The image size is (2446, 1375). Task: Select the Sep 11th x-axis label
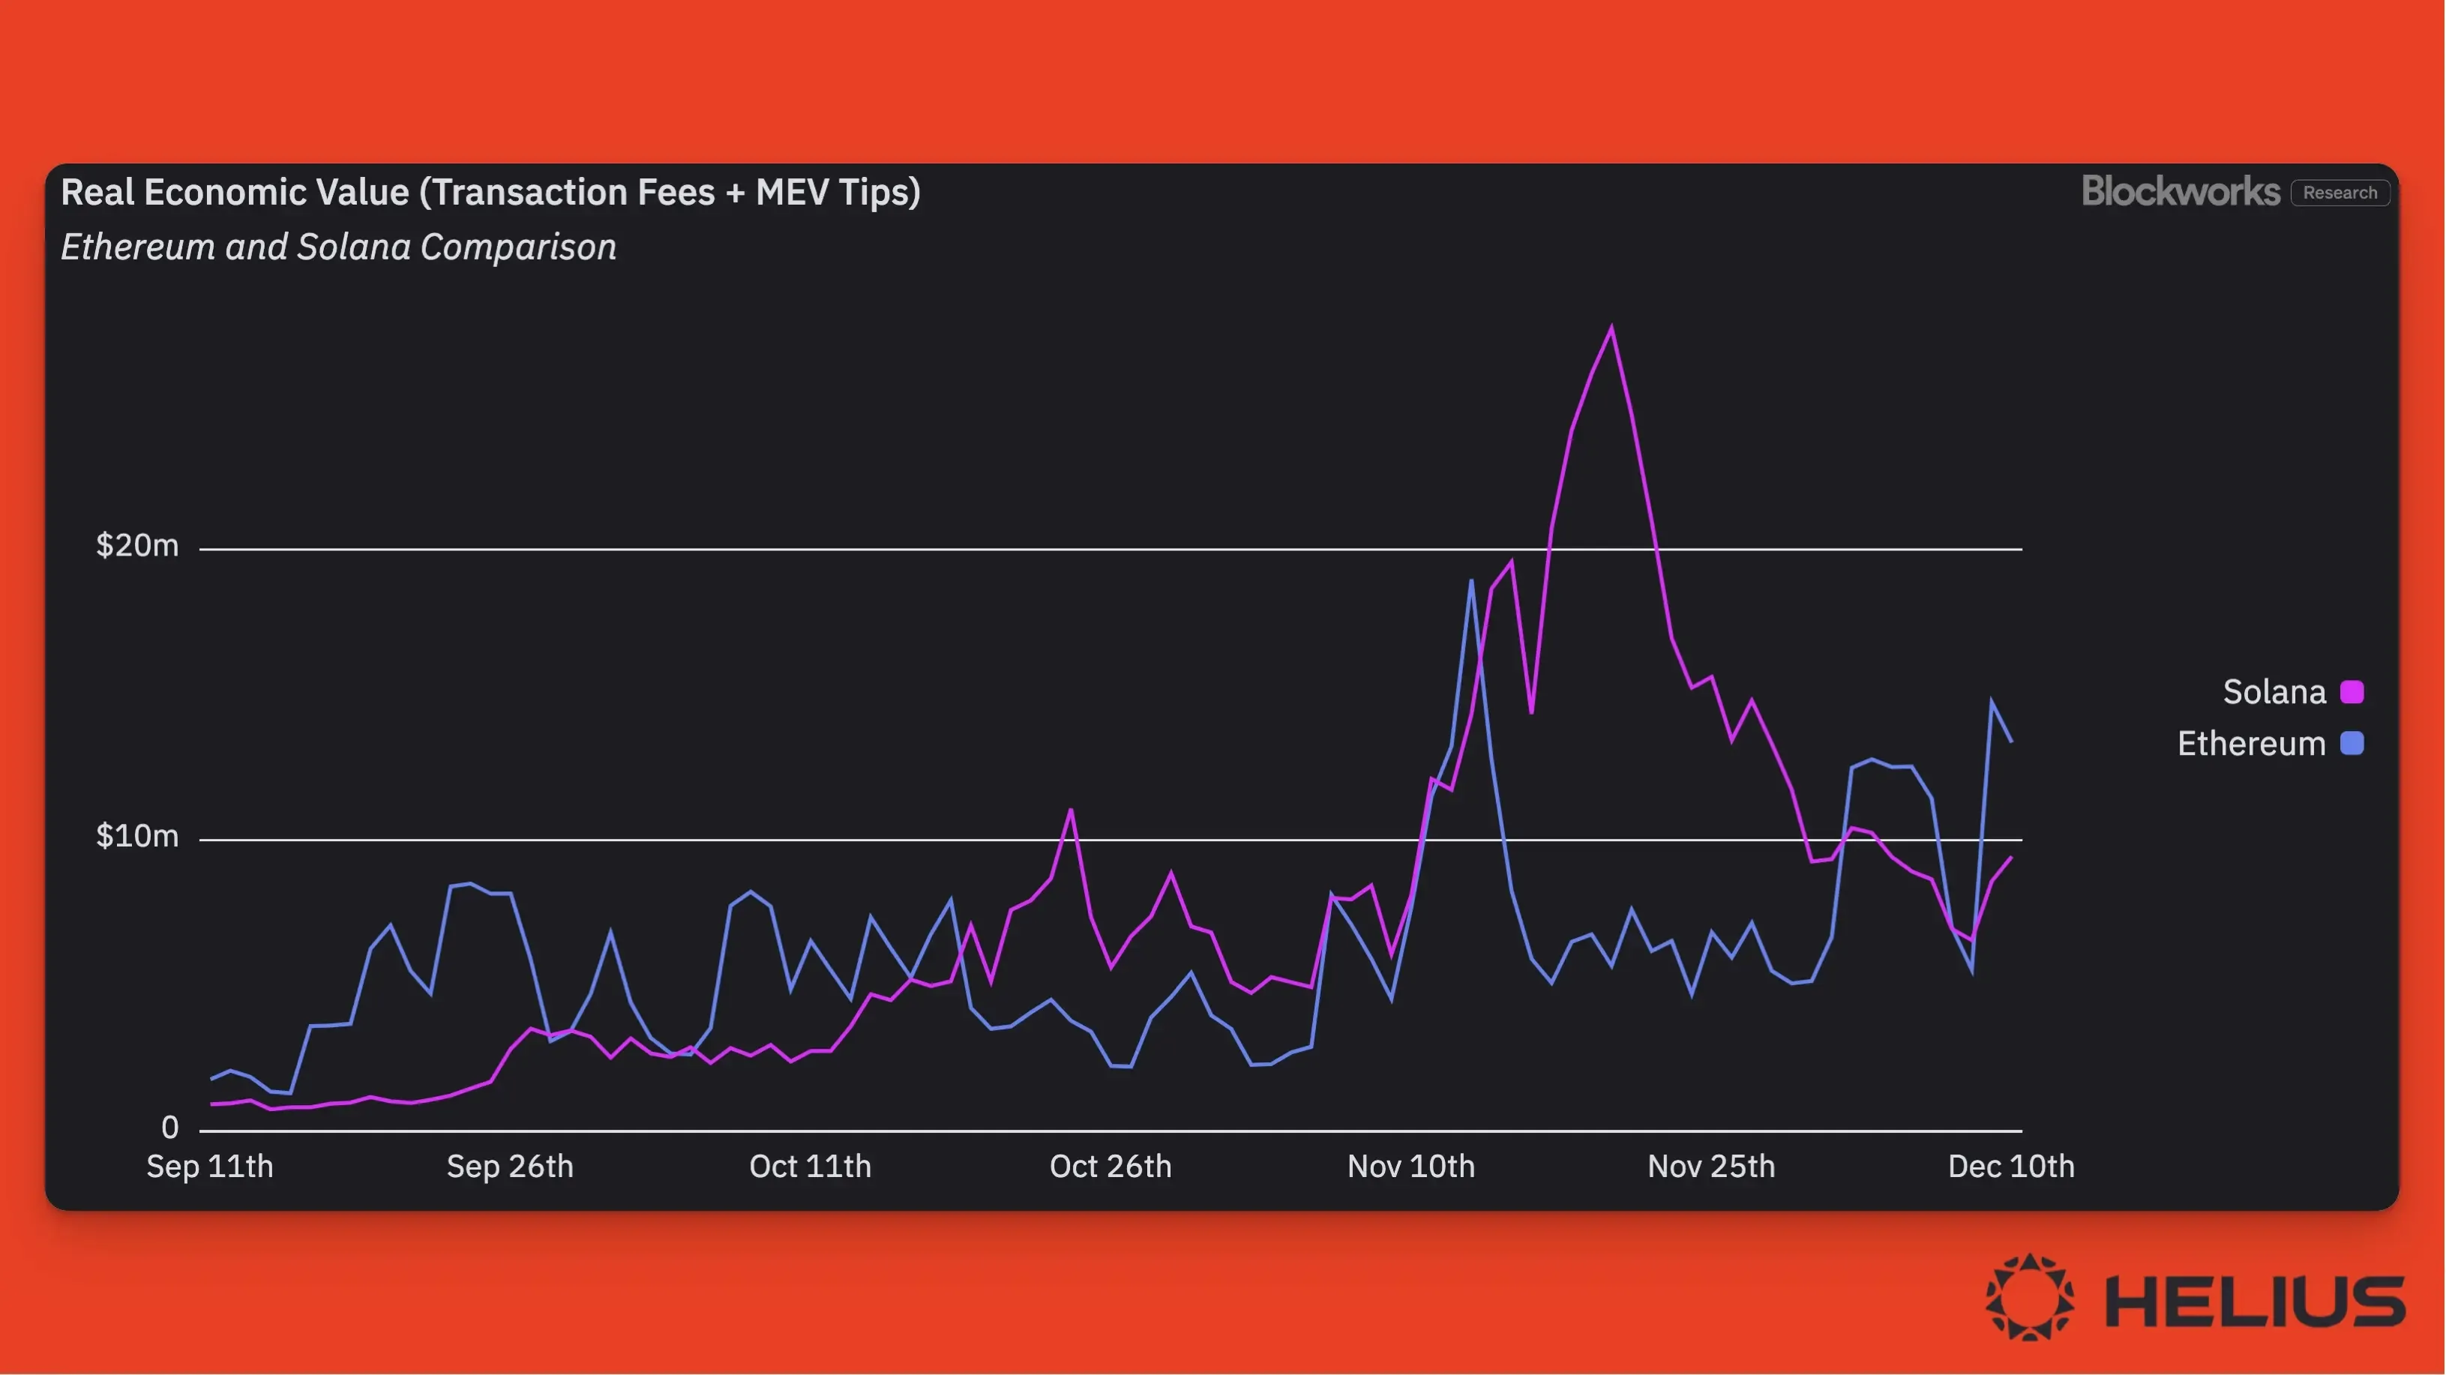coord(210,1166)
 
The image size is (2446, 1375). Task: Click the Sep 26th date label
coord(510,1166)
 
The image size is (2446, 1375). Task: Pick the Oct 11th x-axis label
coord(810,1166)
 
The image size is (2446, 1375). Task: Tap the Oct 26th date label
coord(1110,1166)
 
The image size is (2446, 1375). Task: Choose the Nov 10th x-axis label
coord(1411,1166)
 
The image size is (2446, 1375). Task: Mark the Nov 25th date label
coord(1711,1166)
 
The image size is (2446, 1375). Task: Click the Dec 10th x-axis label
coord(2011,1166)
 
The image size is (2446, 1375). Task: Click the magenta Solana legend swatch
coord(2352,692)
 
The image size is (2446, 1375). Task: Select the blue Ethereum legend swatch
coord(2352,744)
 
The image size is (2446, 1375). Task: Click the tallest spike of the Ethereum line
coord(1471,581)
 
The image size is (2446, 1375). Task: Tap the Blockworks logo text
coord(2180,192)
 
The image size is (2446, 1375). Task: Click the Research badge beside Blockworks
coord(2340,193)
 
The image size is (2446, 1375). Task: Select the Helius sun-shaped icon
coord(2029,1297)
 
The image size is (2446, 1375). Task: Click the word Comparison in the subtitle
coord(518,247)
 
